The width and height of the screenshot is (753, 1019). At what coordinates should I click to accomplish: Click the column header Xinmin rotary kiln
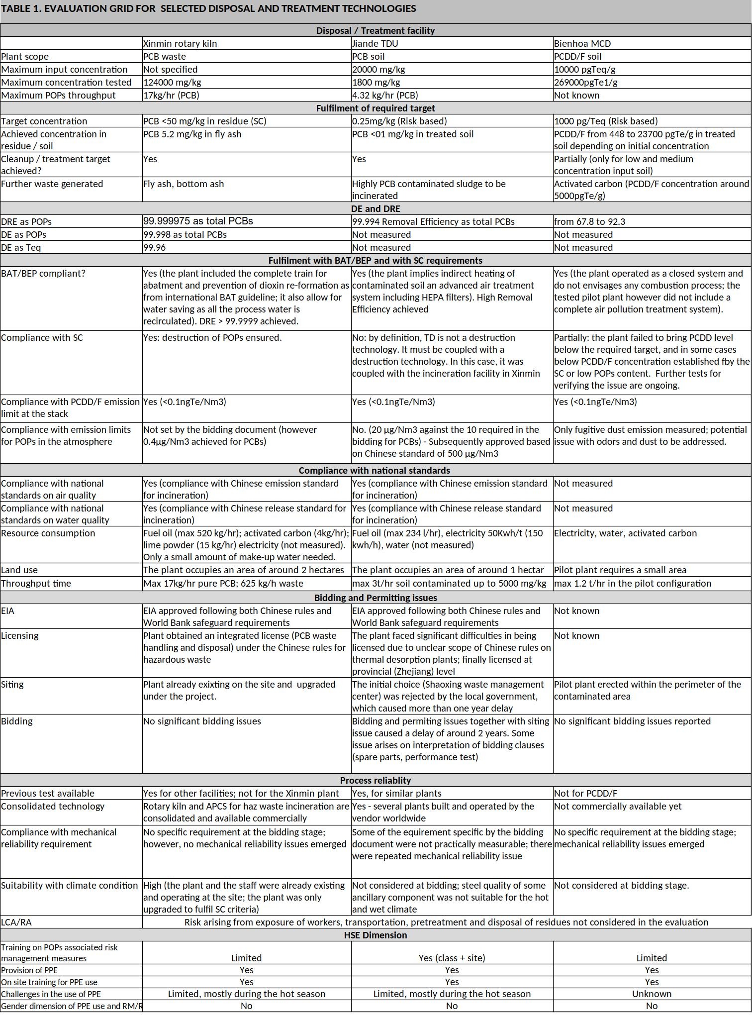(180, 43)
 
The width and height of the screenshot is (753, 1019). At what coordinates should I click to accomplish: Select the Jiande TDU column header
(375, 43)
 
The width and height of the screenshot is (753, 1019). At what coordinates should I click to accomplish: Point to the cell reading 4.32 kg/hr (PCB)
(385, 95)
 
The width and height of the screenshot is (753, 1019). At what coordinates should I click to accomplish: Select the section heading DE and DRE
(376, 208)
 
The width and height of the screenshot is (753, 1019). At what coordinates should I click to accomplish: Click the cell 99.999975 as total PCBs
(198, 221)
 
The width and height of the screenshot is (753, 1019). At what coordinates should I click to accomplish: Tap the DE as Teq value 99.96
(155, 247)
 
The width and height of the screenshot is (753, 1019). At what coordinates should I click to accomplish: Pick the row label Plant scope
(25, 56)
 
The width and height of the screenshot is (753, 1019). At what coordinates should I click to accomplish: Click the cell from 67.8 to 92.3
(589, 221)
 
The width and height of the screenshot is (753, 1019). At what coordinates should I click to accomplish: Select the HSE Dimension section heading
(376, 935)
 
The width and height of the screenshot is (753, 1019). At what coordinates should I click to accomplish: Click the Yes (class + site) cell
(452, 958)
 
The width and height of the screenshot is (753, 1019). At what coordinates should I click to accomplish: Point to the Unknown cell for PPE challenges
(652, 994)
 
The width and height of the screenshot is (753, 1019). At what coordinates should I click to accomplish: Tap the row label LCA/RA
(16, 922)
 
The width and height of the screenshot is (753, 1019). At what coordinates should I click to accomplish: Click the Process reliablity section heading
(376, 780)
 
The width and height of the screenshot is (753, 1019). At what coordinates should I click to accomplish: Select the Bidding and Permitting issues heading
(376, 598)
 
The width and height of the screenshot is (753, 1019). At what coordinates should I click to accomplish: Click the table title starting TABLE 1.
(209, 8)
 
